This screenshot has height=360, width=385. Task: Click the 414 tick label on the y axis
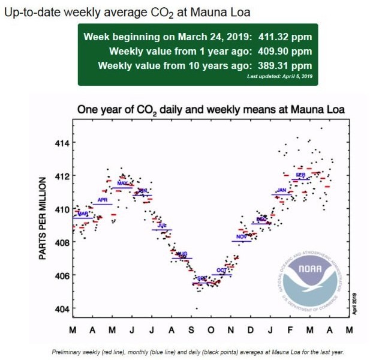click(x=61, y=143)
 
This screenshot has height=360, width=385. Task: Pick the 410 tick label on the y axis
click(x=61, y=209)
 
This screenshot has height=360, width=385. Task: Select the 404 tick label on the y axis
click(x=61, y=309)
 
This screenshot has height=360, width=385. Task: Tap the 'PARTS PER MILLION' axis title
click(x=43, y=218)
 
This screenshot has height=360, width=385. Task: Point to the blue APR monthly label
click(x=102, y=199)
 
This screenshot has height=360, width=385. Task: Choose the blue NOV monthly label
click(x=241, y=236)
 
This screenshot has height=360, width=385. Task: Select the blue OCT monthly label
click(x=221, y=271)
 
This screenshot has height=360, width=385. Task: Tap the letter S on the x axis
click(x=191, y=331)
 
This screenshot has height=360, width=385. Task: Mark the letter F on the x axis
click(x=290, y=331)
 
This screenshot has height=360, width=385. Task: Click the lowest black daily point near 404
click(x=197, y=308)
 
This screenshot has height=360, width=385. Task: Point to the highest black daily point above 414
click(x=321, y=128)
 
